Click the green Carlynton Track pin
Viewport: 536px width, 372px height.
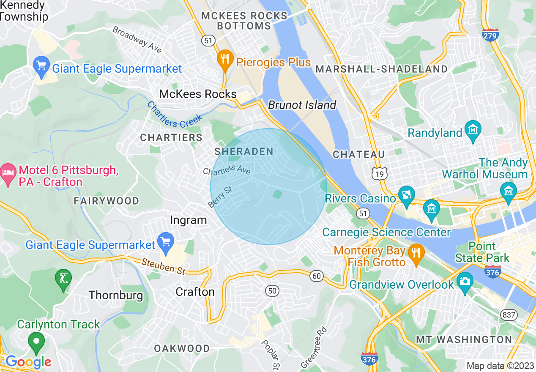(36, 343)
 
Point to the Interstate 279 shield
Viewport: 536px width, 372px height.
(490, 35)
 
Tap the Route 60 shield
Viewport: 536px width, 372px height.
(316, 276)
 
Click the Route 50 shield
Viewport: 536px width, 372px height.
(273, 291)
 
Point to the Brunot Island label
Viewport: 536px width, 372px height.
(302, 105)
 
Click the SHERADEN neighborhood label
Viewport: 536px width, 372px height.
(244, 151)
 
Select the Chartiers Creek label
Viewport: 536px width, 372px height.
(175, 115)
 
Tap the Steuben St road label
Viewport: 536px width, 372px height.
(164, 266)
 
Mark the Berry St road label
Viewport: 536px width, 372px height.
(220, 198)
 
